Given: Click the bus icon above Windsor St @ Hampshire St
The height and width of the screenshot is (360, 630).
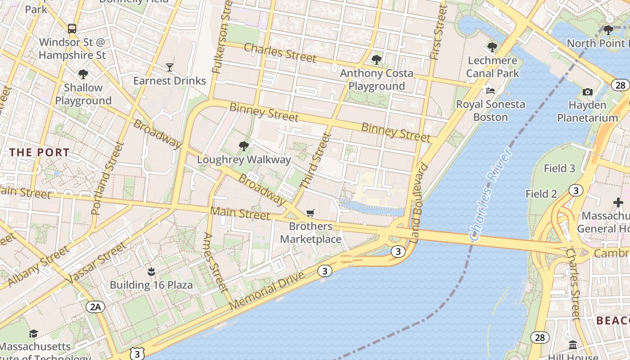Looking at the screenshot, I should click(x=72, y=28).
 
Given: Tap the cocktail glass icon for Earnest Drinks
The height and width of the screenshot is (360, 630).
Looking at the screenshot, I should click(x=169, y=67).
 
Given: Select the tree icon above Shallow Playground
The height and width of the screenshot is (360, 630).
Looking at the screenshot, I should click(x=83, y=74).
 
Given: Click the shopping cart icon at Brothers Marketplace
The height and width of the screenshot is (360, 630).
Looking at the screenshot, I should click(x=310, y=213).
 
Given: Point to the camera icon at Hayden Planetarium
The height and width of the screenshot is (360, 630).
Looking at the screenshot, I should click(x=587, y=92).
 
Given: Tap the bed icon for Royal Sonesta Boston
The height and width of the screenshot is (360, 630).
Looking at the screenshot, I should click(x=490, y=91).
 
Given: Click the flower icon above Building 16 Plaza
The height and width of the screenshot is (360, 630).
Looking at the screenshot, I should click(x=151, y=271).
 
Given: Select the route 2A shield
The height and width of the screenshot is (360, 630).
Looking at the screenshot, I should click(x=95, y=307).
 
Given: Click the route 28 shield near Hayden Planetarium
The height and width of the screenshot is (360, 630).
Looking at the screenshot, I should click(x=620, y=85).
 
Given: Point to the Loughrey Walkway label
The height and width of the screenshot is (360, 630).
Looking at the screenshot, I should click(x=244, y=160).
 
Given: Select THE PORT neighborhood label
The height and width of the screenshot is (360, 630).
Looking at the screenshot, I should click(x=40, y=152).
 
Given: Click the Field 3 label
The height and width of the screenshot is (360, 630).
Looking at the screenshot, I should click(x=559, y=168).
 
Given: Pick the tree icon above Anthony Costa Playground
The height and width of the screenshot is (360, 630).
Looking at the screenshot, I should click(x=376, y=59).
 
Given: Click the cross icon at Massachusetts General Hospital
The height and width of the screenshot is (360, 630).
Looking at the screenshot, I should click(x=618, y=202).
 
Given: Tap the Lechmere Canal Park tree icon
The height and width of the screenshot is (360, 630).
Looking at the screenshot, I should click(x=492, y=47).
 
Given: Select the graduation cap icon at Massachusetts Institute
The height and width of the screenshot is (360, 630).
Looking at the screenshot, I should click(x=33, y=333).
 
